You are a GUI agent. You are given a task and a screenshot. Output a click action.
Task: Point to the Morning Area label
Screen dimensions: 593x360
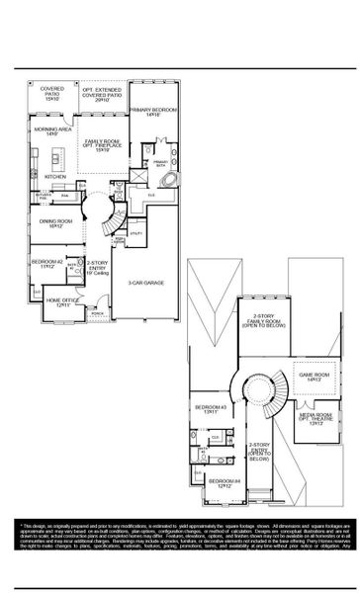point(51,130)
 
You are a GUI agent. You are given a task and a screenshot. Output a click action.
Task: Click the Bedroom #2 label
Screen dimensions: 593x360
point(52,264)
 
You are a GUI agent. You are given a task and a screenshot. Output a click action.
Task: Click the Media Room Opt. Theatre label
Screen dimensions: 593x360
point(313,420)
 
